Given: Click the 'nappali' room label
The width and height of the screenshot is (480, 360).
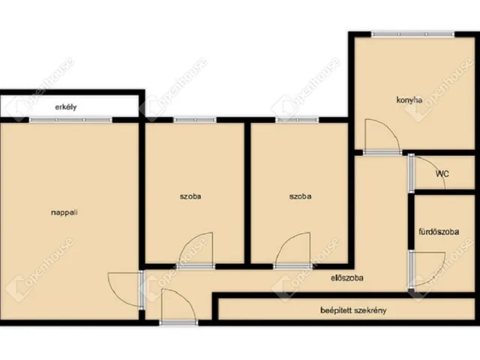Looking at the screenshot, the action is coord(64,212).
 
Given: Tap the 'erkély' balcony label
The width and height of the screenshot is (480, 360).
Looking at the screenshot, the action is coord(66,107).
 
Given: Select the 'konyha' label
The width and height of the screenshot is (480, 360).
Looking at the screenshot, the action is coord(409,100).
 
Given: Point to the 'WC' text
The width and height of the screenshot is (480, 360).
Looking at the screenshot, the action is coord(442,174).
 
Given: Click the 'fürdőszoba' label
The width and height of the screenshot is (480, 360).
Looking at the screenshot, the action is coord(439,232).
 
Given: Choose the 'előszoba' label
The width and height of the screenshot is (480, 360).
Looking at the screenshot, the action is coord(347,278).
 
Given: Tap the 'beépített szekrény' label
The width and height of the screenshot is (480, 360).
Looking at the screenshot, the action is coord(353,310).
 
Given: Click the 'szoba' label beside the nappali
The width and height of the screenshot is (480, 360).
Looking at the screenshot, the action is coord(190,196).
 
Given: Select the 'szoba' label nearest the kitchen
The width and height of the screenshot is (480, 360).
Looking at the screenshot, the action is coord(300,196).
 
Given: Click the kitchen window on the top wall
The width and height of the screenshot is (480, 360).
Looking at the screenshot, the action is coord(413,34).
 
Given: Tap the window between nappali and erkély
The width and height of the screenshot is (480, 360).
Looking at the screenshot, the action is coord(71,120).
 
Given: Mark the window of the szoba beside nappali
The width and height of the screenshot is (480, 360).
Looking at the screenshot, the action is coord(195,120).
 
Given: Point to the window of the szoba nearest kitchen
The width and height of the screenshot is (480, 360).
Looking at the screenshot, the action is coord(297,120).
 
